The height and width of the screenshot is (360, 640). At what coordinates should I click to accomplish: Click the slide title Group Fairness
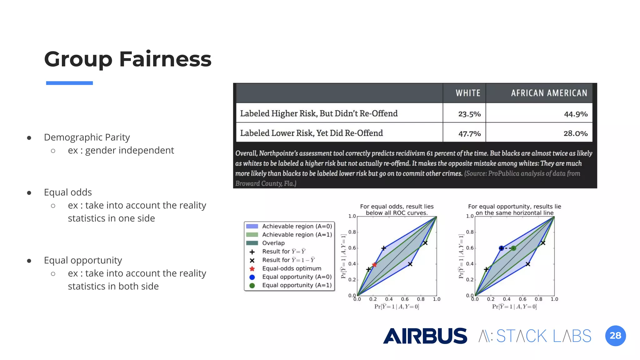(127, 59)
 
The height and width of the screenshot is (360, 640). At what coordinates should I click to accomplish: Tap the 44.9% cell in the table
(575, 114)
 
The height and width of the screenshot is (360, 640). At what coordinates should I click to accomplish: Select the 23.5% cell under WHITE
(469, 114)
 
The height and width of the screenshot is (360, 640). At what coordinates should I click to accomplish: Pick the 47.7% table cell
(469, 134)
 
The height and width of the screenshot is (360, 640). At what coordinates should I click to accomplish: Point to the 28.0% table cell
(575, 133)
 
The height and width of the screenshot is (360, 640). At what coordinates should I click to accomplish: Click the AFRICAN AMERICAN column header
(549, 93)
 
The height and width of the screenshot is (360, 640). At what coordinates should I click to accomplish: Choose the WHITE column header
(468, 93)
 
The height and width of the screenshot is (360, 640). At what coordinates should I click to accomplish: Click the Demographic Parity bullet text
(87, 137)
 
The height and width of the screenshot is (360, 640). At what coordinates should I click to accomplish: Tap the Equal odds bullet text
(68, 192)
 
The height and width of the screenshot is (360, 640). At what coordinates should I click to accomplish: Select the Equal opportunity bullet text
(83, 260)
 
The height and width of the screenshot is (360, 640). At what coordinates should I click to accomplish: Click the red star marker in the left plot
(374, 265)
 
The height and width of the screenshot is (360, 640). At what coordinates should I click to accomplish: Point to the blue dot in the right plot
(501, 248)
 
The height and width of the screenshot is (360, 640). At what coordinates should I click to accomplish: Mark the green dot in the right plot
(513, 248)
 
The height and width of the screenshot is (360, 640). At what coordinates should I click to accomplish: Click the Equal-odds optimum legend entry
(291, 268)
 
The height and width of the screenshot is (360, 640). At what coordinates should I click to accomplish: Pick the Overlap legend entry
(273, 243)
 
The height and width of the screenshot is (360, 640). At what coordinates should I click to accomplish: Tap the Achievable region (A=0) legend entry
(297, 226)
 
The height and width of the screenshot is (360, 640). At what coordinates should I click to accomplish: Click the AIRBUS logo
(425, 336)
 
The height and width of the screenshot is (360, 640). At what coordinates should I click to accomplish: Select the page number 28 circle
(615, 336)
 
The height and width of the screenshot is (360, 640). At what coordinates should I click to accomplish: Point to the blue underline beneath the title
(69, 83)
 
